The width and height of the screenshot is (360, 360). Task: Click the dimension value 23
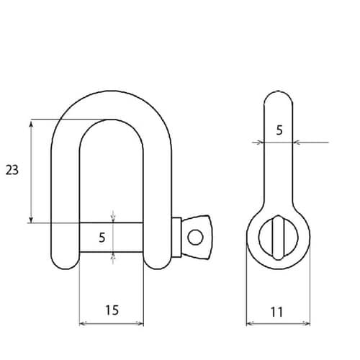12,170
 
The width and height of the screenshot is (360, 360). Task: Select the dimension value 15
112,310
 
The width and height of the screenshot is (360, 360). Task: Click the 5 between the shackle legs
102,236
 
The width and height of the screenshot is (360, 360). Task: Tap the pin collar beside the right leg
176,237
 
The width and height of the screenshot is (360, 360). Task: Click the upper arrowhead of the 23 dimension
31,123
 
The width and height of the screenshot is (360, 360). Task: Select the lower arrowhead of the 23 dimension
31,219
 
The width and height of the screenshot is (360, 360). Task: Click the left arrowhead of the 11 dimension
250,323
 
